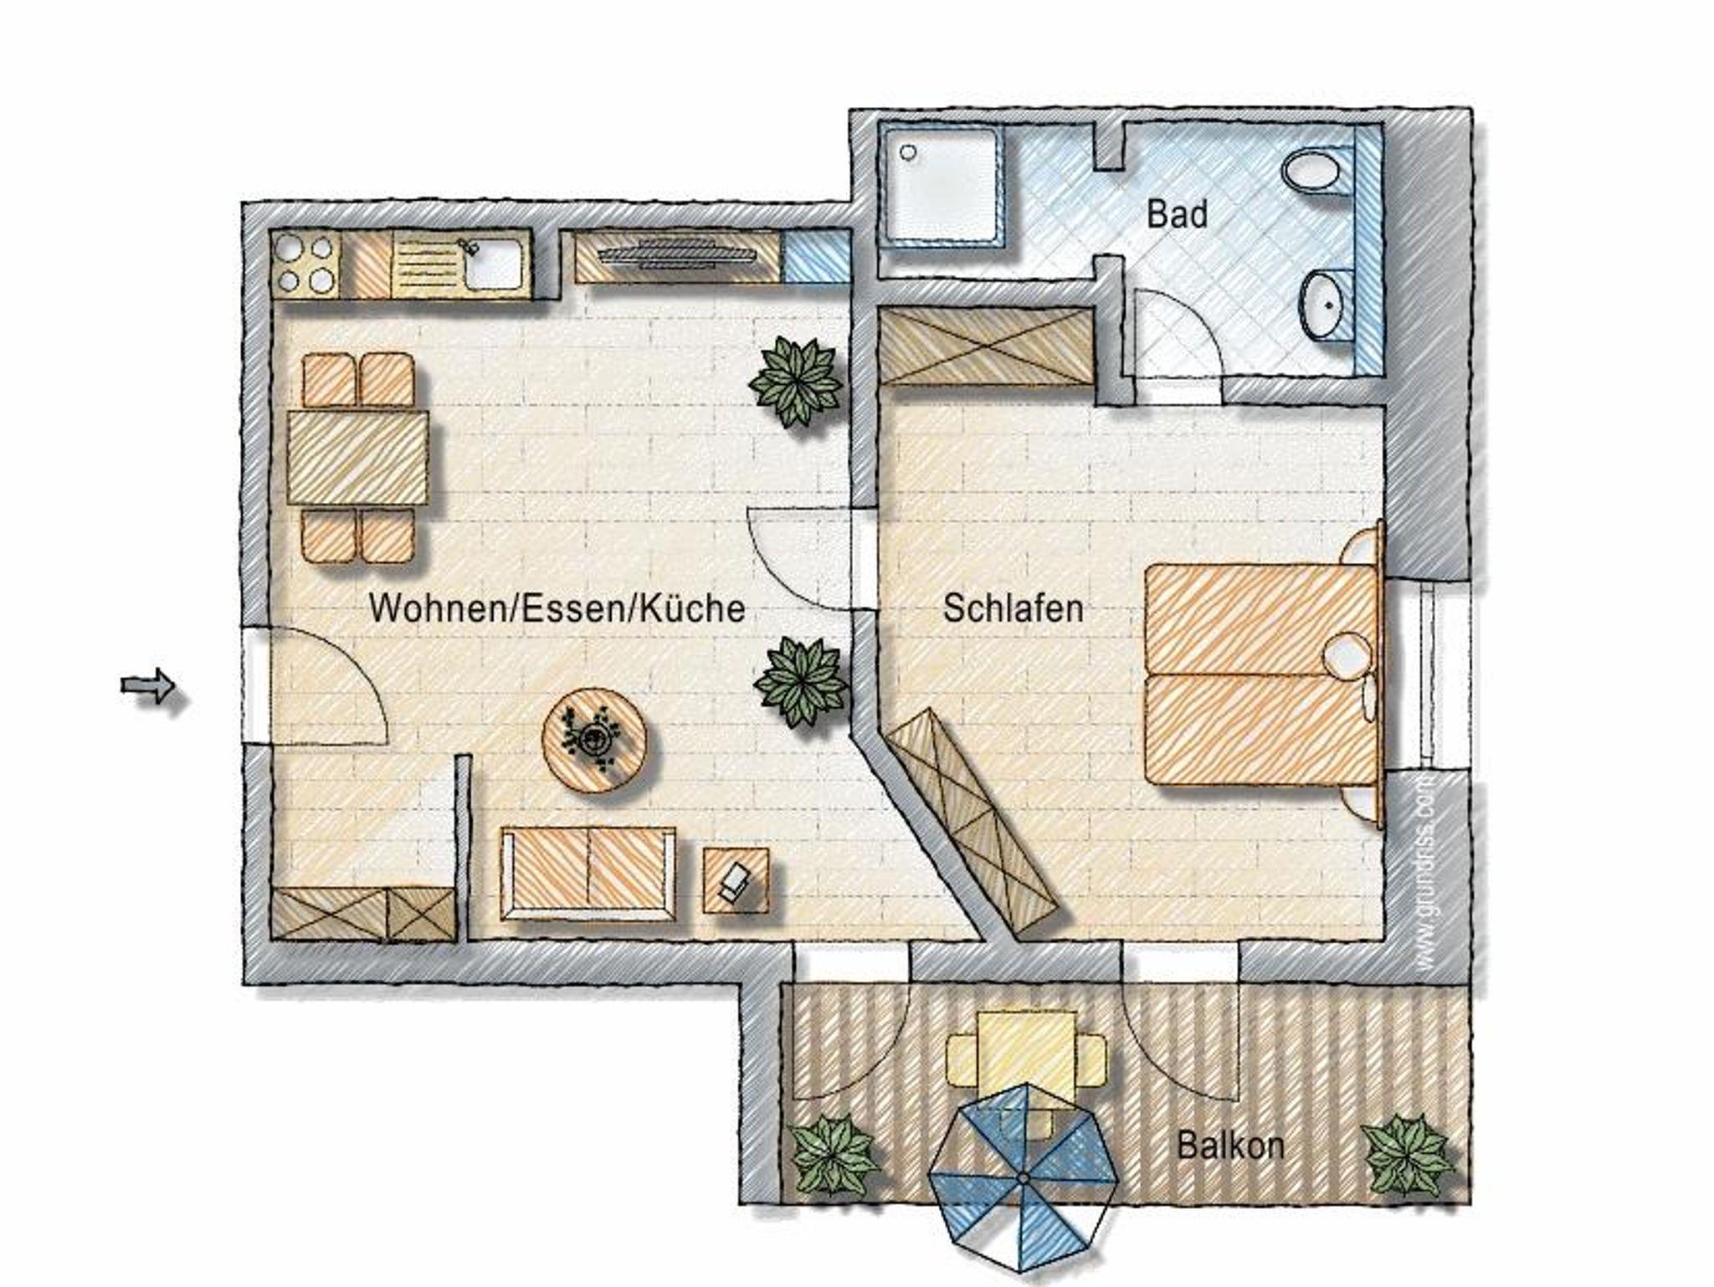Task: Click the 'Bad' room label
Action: click(1177, 214)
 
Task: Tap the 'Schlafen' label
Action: click(1013, 608)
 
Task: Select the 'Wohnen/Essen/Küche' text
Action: click(557, 608)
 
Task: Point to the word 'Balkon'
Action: click(1230, 1145)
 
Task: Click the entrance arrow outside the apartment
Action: click(148, 687)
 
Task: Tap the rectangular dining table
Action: click(357, 458)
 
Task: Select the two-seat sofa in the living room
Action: click(588, 873)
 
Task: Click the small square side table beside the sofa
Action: click(736, 879)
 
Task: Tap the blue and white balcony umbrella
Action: click(1024, 1177)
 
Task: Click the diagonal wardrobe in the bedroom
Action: click(971, 823)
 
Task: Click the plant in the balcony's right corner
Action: click(1405, 1156)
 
